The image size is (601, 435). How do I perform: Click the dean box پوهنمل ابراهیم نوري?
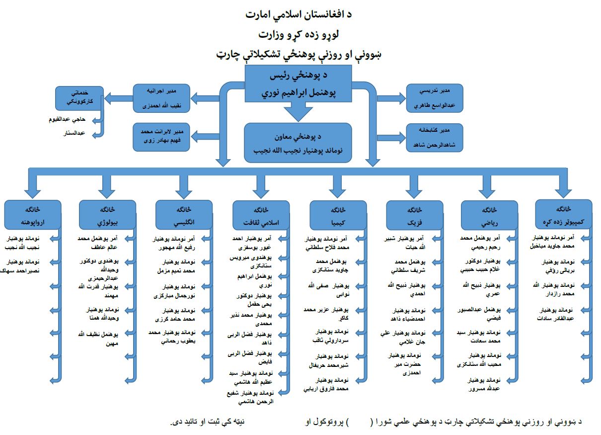point(298,85)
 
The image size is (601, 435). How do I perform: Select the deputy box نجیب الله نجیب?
point(298,143)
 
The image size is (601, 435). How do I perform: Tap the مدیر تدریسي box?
point(435,97)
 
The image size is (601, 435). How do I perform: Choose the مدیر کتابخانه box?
point(435,137)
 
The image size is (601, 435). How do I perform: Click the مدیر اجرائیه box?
point(162,97)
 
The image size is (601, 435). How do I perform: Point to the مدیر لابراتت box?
point(162,137)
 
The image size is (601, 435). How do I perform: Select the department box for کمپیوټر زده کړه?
point(563,214)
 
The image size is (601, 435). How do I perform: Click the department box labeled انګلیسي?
point(183,214)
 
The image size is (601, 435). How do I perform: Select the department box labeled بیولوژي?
point(108,214)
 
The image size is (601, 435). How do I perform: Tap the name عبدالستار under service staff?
point(75,133)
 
